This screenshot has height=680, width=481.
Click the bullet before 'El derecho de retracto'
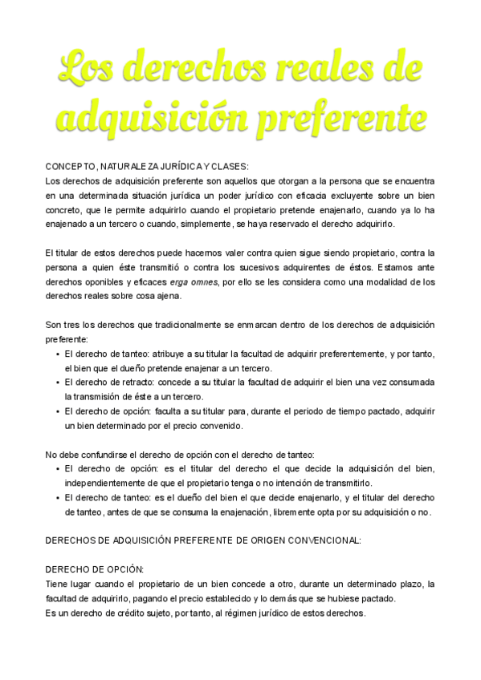[57, 382]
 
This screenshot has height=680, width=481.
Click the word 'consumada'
[407, 382]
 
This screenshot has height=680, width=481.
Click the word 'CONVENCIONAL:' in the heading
[323, 540]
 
